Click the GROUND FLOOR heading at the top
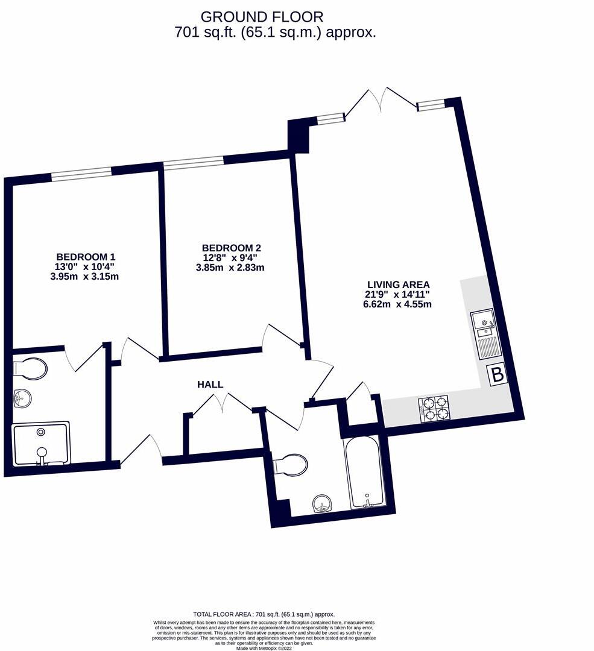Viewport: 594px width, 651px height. coord(262,17)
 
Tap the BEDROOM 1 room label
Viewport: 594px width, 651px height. coord(85,256)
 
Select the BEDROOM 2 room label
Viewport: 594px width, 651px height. coord(231,248)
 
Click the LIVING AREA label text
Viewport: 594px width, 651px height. coord(399,285)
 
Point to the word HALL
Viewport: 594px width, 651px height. coord(210,385)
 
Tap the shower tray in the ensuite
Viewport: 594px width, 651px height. coord(41,444)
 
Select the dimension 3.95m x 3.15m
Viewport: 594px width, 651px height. coord(85,277)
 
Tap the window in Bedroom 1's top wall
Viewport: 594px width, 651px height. coord(81,175)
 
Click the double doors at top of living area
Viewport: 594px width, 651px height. coord(381,100)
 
